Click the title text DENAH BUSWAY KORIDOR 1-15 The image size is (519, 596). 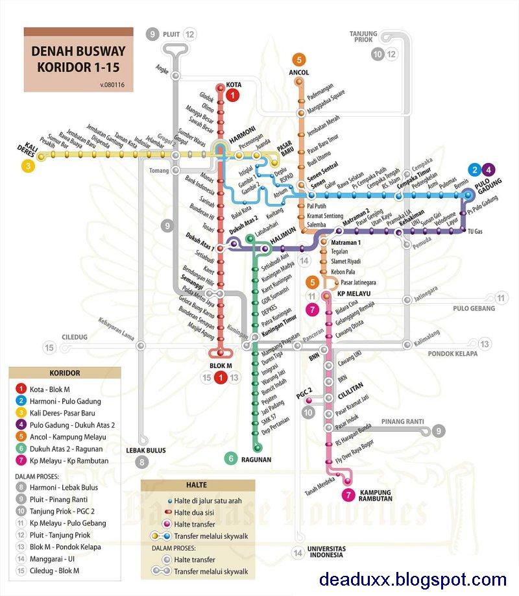click(78, 58)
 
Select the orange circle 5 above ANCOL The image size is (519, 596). click(299, 60)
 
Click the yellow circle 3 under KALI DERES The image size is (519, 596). click(28, 166)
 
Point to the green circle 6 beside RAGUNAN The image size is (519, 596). click(231, 458)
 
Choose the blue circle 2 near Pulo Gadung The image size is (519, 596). click(475, 170)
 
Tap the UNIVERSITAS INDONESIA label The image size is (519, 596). click(327, 553)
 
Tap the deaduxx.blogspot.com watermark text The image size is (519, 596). click(413, 579)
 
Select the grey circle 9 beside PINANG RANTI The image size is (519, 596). click(440, 430)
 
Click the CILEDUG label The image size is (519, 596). click(75, 337)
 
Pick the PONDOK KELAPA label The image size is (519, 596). click(452, 354)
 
